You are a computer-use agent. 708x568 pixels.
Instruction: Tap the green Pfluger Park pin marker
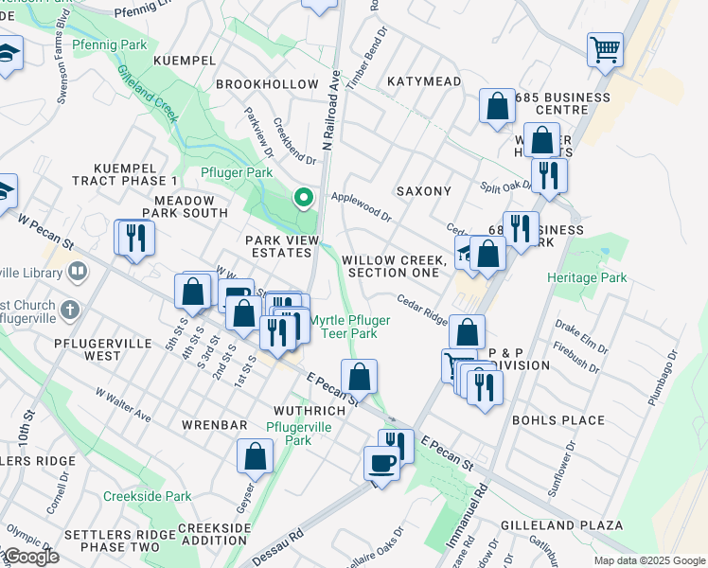(x=304, y=198)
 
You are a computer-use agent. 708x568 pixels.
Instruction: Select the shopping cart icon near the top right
(x=606, y=48)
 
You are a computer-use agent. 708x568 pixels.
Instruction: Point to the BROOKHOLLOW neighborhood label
(x=267, y=84)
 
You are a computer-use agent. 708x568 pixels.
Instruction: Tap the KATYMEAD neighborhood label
(x=424, y=81)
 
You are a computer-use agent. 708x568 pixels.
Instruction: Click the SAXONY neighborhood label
(x=423, y=191)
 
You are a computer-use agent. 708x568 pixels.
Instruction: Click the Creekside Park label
(x=147, y=496)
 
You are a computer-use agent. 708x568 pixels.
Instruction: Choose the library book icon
(x=77, y=272)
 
